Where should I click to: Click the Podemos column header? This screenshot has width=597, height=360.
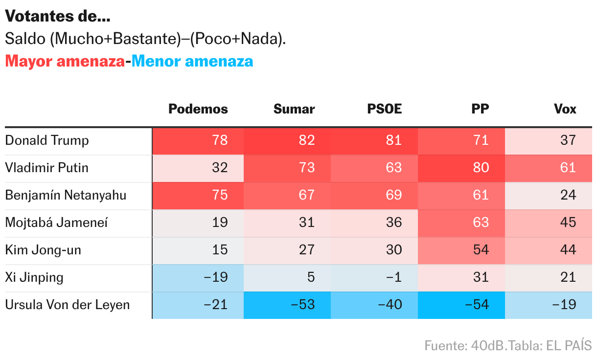point(198,109)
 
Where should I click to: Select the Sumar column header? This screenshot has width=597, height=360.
point(294,109)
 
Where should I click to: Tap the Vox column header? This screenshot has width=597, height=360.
point(565,109)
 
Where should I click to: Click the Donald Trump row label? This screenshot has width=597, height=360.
point(47,141)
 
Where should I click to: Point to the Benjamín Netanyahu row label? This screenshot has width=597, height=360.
point(66,196)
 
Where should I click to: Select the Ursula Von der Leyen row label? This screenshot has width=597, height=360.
point(68,305)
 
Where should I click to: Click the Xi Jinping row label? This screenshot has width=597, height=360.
point(34,278)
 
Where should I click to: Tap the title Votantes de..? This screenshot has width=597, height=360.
point(57,17)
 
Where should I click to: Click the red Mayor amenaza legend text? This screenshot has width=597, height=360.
point(65,62)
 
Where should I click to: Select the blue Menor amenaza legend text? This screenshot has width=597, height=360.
point(192,62)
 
